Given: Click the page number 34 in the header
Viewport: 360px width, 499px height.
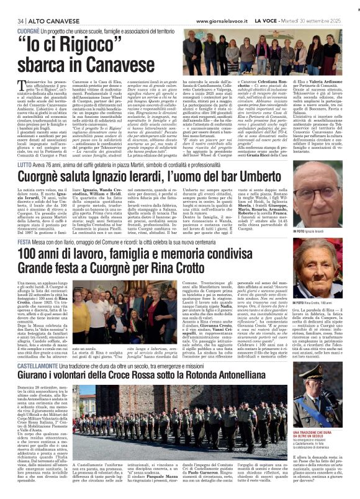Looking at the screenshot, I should pos(12,20).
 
